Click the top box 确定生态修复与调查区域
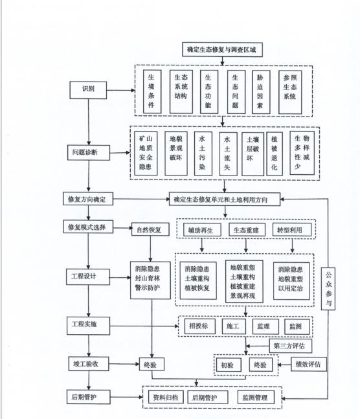pos(222,49)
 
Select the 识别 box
pos(88,90)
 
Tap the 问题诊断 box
pos(89,153)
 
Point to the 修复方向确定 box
pos(88,199)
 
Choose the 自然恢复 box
pos(150,229)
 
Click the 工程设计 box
pos(88,277)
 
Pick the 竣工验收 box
pos(89,364)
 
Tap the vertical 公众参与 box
pos(328,289)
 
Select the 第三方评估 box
pos(290,346)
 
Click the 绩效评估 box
pos(309,364)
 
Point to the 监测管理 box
pos(256,398)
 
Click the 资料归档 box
pos(166,397)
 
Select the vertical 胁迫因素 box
pos(261,92)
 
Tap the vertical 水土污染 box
pos(203,153)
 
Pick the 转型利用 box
pos(292,230)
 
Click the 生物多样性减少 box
pos(302,153)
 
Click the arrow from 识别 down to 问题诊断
pos(89,122)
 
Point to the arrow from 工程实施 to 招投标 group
pos(144,326)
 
